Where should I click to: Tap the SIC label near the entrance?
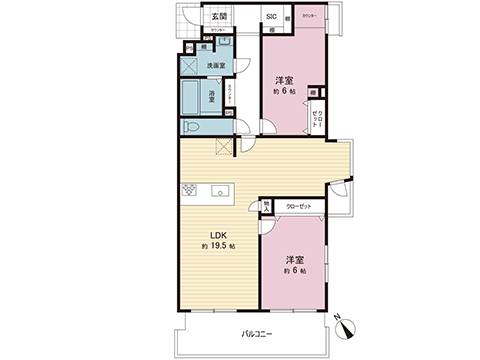[x=271, y=17]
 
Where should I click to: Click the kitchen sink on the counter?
[x=220, y=191]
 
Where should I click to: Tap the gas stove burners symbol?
[x=187, y=191]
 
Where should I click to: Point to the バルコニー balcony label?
[x=257, y=332]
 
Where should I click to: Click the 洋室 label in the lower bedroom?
[x=292, y=259]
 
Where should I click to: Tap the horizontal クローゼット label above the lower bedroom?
[x=299, y=205]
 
